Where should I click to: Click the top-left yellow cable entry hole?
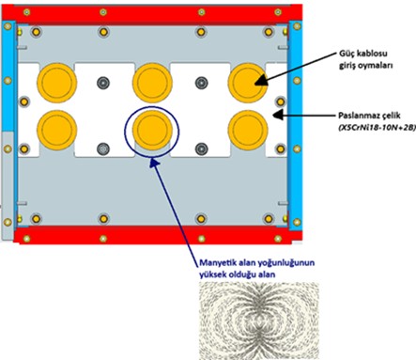coord(54,84)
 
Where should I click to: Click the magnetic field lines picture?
coord(253,321)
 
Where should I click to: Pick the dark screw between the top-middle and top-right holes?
coord(199,83)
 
